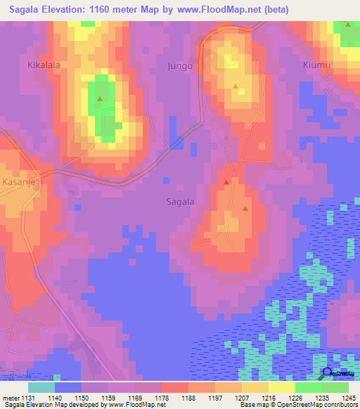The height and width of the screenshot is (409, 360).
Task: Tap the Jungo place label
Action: (179, 66)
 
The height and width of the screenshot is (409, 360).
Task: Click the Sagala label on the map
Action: (180, 201)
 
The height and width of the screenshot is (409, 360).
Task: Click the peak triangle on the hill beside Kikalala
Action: (100, 99)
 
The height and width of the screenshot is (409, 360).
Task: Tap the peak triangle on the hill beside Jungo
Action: (236, 88)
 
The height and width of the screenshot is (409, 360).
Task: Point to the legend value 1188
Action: (188, 397)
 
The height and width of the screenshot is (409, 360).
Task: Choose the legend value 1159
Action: (108, 397)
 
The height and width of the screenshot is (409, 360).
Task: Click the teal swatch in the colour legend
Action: (41, 387)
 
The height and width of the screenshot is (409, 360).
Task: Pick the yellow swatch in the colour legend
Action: (281, 387)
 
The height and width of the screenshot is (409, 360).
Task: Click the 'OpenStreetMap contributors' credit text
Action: (309, 405)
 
